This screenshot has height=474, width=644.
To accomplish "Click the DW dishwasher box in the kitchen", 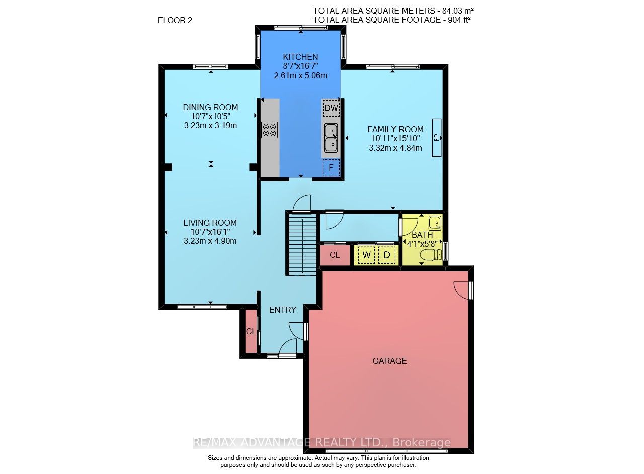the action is click(x=331, y=108).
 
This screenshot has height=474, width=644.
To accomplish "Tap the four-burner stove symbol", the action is click(x=269, y=130).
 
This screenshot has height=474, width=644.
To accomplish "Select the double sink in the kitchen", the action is click(x=331, y=138).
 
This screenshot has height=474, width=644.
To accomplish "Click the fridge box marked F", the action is click(x=331, y=168).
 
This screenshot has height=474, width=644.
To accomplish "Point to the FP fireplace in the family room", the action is click(x=436, y=138).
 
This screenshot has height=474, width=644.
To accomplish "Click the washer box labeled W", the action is click(x=366, y=255).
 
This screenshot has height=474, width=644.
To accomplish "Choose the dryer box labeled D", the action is click(x=387, y=255).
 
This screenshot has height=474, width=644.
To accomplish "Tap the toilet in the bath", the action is click(x=431, y=255).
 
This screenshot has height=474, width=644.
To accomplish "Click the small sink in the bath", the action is click(x=435, y=223).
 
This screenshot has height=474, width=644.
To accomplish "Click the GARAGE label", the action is click(x=389, y=361).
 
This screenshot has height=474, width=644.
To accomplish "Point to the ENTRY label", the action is click(x=283, y=310).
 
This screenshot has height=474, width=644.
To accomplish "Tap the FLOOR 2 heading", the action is click(x=175, y=21).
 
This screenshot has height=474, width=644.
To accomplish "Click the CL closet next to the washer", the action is click(x=335, y=255).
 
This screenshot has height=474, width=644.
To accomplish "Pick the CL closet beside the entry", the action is click(x=251, y=332).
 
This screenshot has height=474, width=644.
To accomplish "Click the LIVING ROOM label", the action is click(x=210, y=223).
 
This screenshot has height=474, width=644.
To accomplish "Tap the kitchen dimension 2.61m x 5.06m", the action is click(x=300, y=75).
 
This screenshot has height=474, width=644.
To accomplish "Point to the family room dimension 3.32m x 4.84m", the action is click(x=395, y=148).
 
